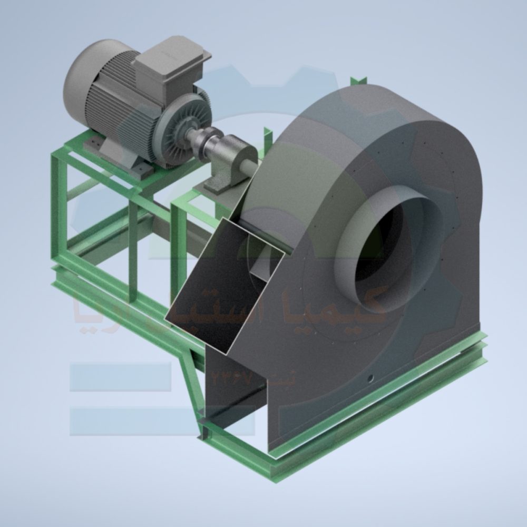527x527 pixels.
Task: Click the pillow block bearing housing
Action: coord(232,155)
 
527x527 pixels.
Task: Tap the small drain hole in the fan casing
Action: coord(370,378)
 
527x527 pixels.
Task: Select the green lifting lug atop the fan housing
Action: coord(358,81)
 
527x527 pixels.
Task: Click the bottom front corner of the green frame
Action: coord(274,464)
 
